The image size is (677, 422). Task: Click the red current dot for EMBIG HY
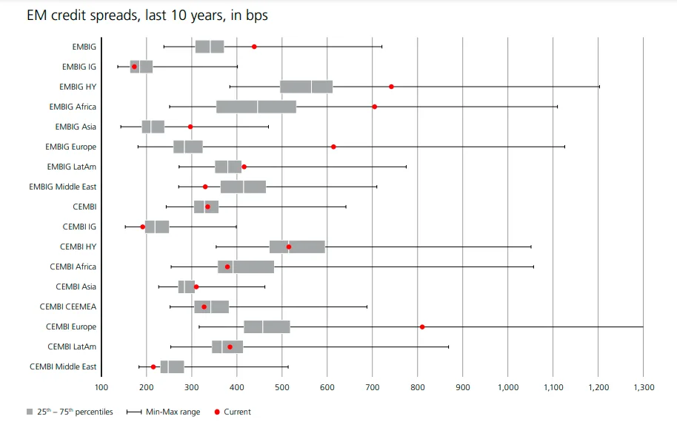coord(391,87)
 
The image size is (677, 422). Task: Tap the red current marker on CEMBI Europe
coord(422,326)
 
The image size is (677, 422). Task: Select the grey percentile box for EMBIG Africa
coord(256,107)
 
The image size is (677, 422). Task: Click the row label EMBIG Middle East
coord(62,187)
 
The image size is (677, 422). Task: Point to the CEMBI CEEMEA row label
coord(68,307)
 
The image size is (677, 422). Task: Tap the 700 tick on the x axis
coord(373,387)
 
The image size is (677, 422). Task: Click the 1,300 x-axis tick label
coord(644,387)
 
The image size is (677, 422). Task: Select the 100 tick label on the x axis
coord(101,387)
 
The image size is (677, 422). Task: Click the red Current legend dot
coord(217,412)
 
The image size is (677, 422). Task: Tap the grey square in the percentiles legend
coord(29,412)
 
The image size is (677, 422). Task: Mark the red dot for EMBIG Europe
coord(333,147)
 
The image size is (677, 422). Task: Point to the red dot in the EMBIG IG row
coord(134,67)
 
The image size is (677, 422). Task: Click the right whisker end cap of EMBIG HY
coord(598,87)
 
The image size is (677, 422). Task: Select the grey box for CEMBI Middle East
coord(172,366)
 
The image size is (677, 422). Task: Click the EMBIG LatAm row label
coord(71,167)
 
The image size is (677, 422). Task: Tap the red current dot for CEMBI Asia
coord(196,287)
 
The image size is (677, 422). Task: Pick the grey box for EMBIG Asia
coord(153,127)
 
